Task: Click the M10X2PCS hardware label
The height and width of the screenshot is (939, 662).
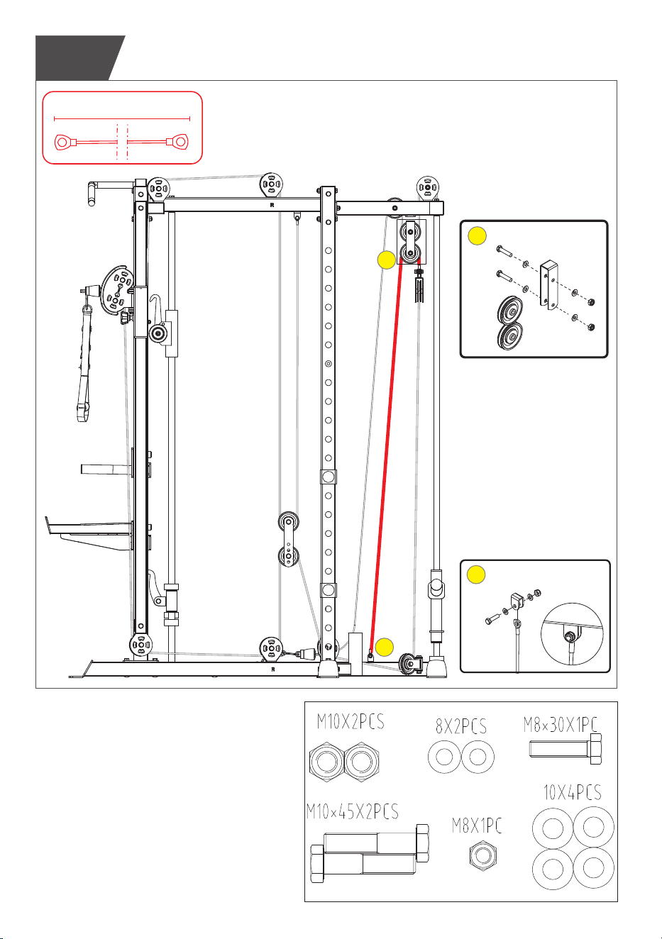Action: click(351, 722)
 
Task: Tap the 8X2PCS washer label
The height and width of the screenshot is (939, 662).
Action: click(460, 726)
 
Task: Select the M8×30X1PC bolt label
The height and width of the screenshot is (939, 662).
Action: click(561, 724)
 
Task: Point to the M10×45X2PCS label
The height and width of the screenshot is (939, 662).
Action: click(352, 811)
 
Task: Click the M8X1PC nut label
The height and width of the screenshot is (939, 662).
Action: click(477, 826)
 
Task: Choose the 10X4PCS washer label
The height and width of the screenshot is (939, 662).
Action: click(572, 792)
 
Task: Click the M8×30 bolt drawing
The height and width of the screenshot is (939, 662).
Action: click(566, 749)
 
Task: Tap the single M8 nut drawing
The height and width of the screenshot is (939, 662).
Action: click(483, 855)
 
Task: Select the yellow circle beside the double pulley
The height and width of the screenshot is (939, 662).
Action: click(387, 260)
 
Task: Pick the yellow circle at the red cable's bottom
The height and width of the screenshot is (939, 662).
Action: click(385, 648)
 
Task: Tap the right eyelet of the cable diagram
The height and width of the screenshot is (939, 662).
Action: click(178, 142)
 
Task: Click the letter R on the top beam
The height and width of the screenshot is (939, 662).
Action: click(272, 206)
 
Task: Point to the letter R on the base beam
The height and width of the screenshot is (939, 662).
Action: click(273, 669)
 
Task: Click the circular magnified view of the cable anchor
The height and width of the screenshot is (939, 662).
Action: click(572, 634)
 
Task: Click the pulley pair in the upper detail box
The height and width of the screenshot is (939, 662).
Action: click(510, 323)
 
